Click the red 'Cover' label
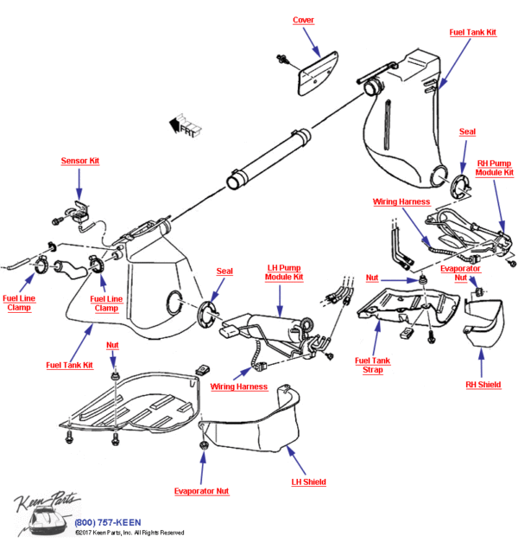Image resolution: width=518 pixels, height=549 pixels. click(x=303, y=20)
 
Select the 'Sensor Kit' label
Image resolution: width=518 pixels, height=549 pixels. click(x=79, y=161)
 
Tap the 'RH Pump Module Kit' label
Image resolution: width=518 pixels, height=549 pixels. click(x=495, y=167)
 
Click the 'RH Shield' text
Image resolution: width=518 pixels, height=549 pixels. click(x=483, y=385)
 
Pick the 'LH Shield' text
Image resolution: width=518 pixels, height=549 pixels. click(x=308, y=482)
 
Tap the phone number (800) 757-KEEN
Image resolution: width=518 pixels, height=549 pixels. click(x=109, y=522)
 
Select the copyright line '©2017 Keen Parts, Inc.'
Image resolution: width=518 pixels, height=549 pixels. click(x=129, y=533)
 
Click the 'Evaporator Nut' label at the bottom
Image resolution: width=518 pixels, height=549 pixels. click(x=201, y=490)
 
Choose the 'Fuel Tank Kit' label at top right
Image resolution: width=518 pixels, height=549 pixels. click(x=472, y=32)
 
